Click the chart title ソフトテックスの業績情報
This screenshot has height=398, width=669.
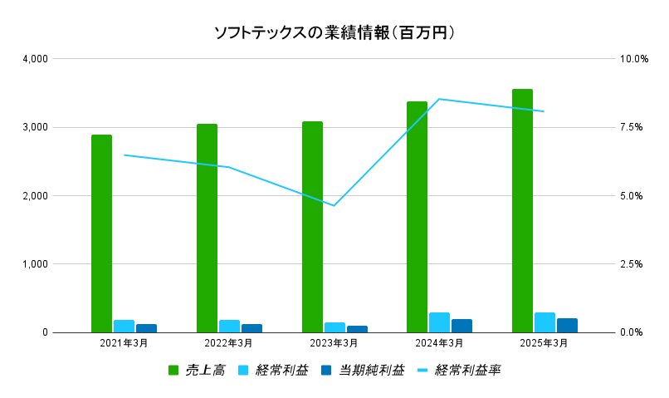334,33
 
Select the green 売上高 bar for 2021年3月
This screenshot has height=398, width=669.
101,233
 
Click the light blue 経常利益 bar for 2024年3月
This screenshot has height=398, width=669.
439,322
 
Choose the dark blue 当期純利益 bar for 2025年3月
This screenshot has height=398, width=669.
567,325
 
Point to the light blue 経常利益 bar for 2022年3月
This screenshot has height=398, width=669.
229,326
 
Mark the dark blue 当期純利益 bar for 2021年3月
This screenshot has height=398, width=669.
146,328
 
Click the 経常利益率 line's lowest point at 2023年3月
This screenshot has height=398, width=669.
334,205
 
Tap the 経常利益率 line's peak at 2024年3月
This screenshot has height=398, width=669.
439,99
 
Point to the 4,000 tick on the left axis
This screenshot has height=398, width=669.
34,59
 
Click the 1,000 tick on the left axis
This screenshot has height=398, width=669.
34,264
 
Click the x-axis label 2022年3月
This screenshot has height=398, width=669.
229,343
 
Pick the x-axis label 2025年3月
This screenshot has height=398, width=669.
544,343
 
